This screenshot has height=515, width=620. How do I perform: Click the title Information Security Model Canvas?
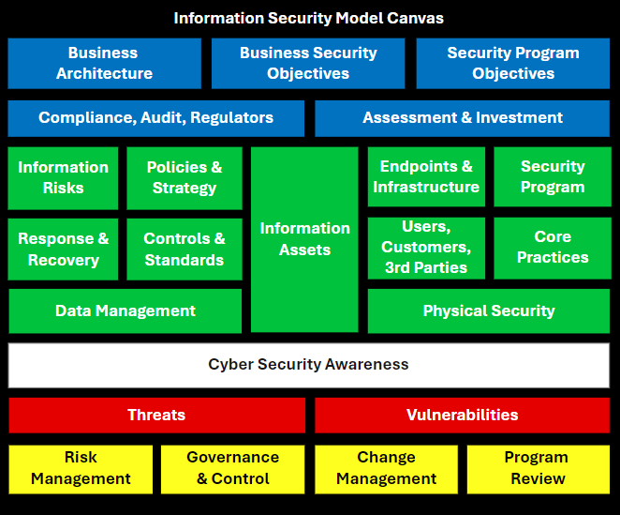click(308, 18)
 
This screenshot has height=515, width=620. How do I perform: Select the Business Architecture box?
click(104, 64)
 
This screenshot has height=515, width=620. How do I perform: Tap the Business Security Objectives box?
click(308, 64)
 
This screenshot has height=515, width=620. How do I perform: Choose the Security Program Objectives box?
click(513, 64)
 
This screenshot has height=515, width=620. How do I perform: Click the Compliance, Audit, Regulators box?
click(156, 118)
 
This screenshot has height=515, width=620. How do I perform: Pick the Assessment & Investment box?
click(463, 118)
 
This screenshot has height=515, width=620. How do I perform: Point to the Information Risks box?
click(63, 178)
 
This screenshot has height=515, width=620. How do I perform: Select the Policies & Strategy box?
click(185, 178)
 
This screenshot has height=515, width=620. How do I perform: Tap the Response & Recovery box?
click(63, 250)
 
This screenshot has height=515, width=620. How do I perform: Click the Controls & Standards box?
click(185, 250)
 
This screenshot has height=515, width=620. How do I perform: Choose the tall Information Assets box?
click(304, 239)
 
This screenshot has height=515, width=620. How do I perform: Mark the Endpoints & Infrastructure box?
click(426, 176)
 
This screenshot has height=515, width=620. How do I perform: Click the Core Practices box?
click(553, 248)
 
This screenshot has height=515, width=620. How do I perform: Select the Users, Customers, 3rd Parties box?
click(426, 248)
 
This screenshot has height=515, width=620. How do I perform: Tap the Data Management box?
click(125, 311)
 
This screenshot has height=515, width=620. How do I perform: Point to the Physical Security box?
click(489, 311)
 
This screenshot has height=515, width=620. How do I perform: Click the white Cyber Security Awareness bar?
click(309, 365)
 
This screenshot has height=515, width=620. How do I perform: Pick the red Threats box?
click(157, 416)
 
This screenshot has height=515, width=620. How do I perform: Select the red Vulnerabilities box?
click(463, 416)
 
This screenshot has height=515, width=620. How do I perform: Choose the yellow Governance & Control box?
click(232, 469)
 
